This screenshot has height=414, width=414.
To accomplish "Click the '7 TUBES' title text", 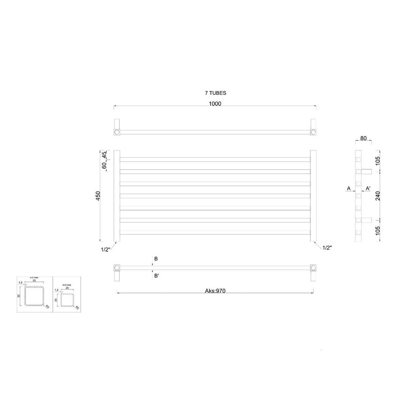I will [215, 93].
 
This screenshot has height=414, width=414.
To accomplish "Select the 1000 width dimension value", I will [215, 103].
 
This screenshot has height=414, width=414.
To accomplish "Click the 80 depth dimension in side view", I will [363, 138].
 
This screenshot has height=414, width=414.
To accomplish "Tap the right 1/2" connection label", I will [327, 247].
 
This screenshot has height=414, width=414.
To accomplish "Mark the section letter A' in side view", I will [368, 189].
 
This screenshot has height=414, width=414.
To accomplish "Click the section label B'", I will [156, 276].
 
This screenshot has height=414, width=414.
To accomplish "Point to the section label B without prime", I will [156, 259].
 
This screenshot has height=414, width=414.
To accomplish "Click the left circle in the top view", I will [117, 132].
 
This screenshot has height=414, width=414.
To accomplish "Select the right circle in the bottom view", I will [313, 267].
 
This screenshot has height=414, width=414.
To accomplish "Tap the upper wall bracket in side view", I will [367, 172].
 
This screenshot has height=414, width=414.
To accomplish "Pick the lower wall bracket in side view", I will [367, 219].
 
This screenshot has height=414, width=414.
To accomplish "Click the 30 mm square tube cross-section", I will [35, 297].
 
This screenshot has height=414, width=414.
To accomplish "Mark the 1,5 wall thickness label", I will [20, 283].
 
